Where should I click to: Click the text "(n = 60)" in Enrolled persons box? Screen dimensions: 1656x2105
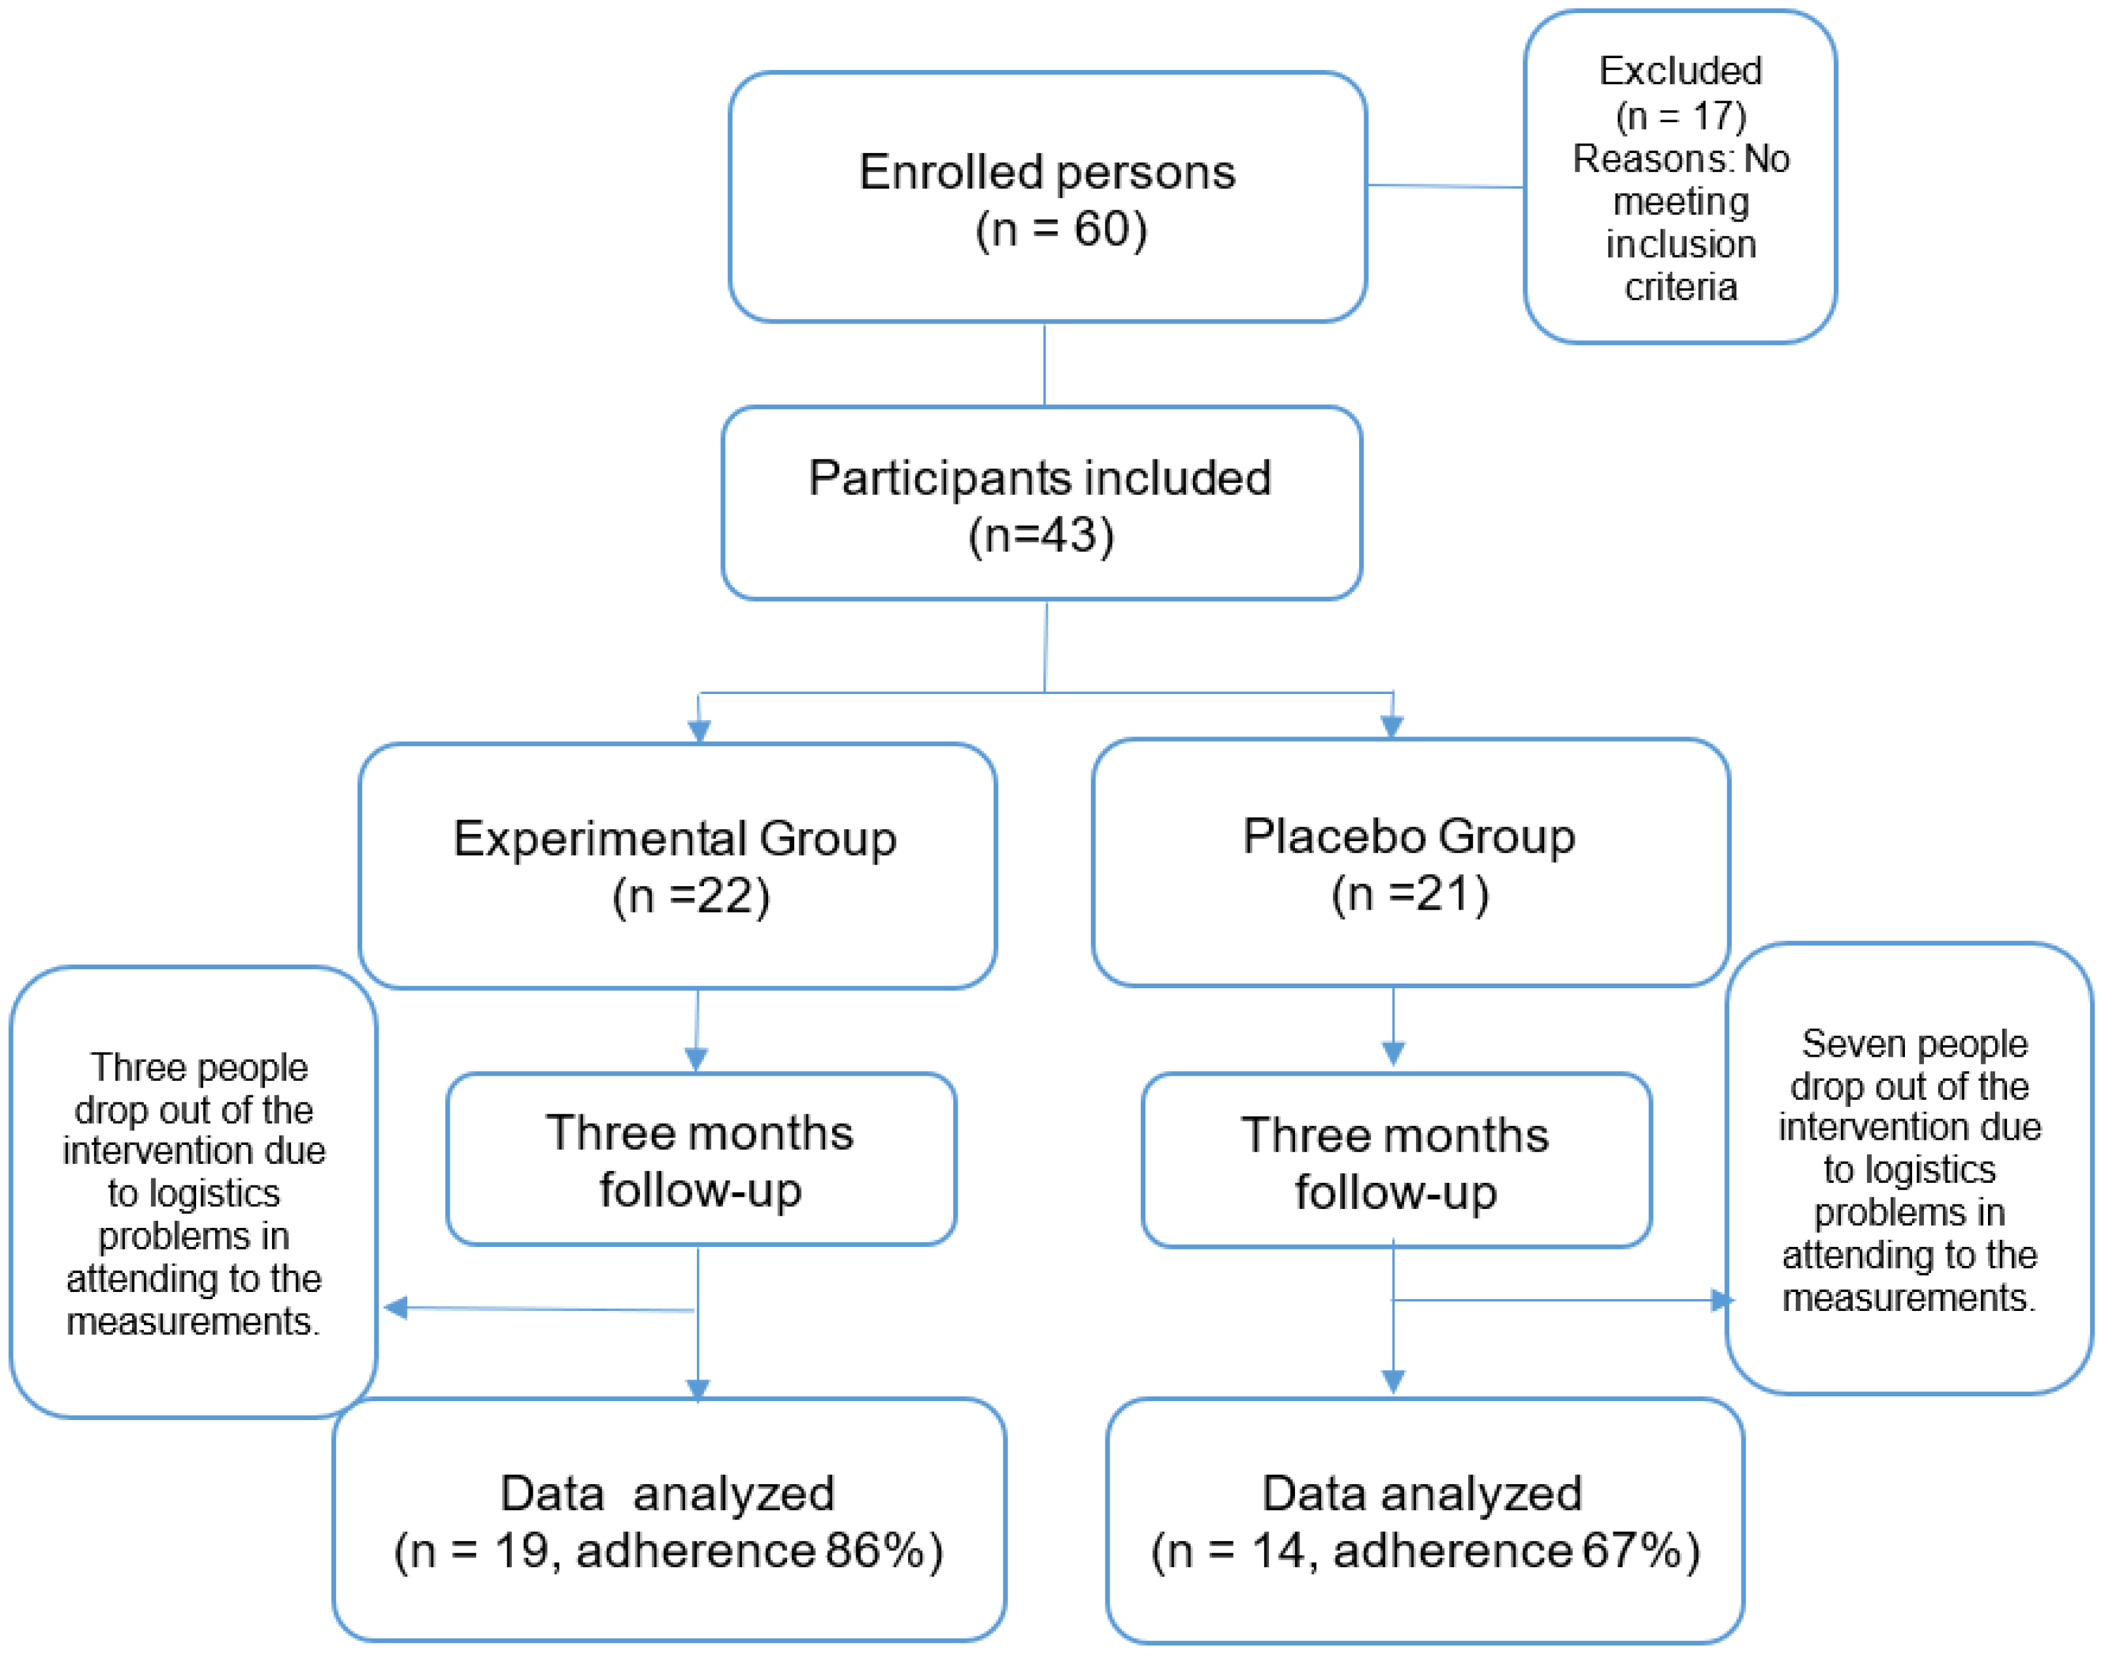point(1061,231)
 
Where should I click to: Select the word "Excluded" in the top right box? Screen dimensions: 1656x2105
point(1680,71)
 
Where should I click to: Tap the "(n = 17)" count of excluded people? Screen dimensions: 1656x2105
point(1680,116)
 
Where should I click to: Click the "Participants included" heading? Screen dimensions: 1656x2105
point(1039,478)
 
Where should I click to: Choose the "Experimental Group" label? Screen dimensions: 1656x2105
point(675,838)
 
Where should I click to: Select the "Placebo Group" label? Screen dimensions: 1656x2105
point(1409,836)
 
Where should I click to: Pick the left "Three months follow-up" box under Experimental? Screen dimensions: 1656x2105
point(700,1159)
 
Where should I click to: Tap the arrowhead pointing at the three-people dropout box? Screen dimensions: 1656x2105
point(395,1308)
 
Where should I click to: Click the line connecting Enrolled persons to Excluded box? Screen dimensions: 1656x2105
point(1445,185)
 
